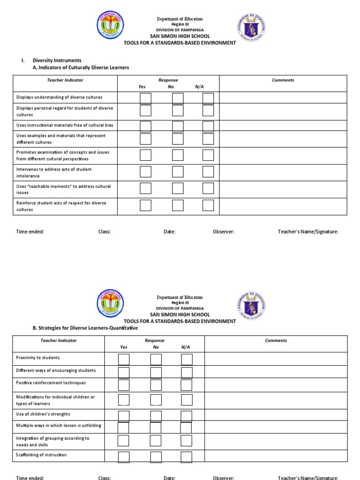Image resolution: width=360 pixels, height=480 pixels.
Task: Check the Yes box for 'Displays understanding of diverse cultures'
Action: pyautogui.click(x=146, y=98)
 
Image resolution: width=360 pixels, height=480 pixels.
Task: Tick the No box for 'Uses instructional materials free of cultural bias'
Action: pyautogui.click(x=178, y=126)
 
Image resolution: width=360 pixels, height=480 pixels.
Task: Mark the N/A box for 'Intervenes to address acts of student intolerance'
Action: pyautogui.click(x=208, y=172)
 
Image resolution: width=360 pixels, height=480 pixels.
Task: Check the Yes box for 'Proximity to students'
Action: pyautogui.click(x=124, y=359)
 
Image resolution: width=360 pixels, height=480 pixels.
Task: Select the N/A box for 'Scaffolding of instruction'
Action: pyautogui.click(x=187, y=457)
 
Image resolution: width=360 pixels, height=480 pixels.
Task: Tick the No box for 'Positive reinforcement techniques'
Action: pyautogui.click(x=156, y=385)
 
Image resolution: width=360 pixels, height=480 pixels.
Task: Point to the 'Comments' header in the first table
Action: pyautogui.click(x=283, y=80)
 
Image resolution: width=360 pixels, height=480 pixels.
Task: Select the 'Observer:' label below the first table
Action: pyautogui.click(x=224, y=232)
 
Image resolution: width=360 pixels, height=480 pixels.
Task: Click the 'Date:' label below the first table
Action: pyautogui.click(x=169, y=232)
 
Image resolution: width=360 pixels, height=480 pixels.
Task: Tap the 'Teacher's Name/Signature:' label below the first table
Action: pyautogui.click(x=308, y=232)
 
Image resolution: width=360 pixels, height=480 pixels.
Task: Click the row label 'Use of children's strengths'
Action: pyautogui.click(x=43, y=414)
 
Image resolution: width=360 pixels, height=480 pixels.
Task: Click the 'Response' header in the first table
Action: pyautogui.click(x=168, y=80)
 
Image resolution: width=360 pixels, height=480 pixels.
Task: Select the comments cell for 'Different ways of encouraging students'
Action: pyautogui.click(x=276, y=372)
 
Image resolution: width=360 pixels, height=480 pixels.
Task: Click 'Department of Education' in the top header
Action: pyautogui.click(x=180, y=19)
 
